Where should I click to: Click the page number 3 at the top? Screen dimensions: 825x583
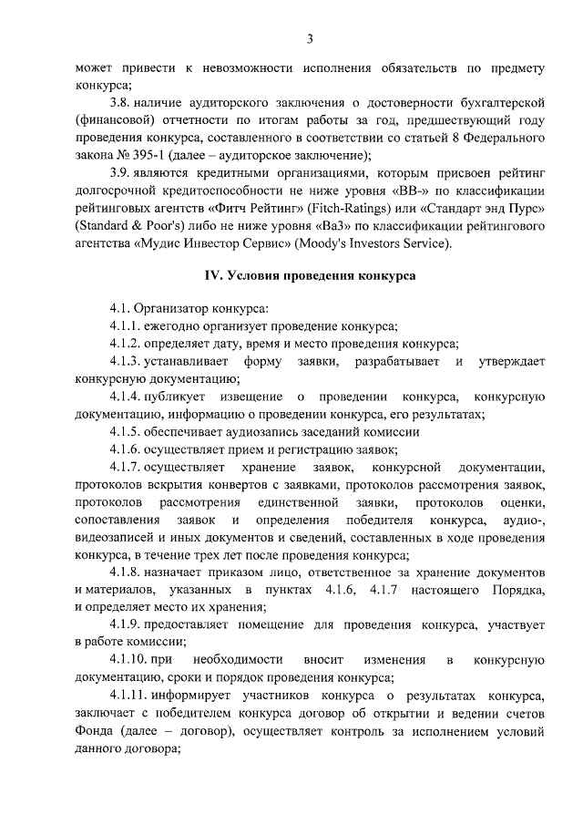[311, 37]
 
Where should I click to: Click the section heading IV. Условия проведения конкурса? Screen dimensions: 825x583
[310, 275]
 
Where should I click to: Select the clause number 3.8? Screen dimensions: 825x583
[120, 102]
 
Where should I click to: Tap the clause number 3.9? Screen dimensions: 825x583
[120, 173]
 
